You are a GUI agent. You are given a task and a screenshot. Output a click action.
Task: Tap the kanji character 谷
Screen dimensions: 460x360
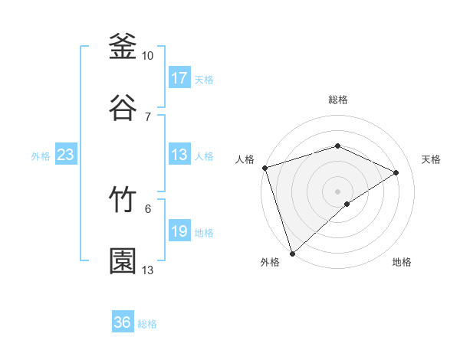pyautogui.click(x=123, y=108)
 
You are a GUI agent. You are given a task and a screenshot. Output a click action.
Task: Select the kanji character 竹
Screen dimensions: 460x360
pyautogui.click(x=123, y=201)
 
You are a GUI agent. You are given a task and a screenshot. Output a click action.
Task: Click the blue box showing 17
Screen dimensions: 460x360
pyautogui.click(x=179, y=78)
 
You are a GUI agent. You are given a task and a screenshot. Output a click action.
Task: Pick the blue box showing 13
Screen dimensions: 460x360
pyautogui.click(x=179, y=155)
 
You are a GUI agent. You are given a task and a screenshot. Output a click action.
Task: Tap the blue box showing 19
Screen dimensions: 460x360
pyautogui.click(x=179, y=232)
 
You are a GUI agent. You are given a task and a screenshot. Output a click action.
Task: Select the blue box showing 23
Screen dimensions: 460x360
pyautogui.click(x=66, y=155)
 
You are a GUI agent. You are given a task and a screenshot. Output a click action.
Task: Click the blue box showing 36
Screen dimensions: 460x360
pyautogui.click(x=123, y=322)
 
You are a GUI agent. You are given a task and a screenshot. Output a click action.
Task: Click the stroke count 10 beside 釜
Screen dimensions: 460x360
pyautogui.click(x=148, y=56)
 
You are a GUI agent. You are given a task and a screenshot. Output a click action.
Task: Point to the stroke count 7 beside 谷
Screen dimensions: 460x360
pyautogui.click(x=148, y=116)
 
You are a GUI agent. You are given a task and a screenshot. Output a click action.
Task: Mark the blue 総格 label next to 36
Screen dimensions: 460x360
pyautogui.click(x=147, y=324)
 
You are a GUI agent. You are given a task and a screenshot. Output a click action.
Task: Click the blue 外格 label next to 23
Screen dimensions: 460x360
pyautogui.click(x=41, y=156)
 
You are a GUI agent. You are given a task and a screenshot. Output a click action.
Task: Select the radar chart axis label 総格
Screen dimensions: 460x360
pyautogui.click(x=337, y=100)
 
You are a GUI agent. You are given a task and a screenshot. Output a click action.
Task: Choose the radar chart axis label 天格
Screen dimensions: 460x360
pyautogui.click(x=432, y=159)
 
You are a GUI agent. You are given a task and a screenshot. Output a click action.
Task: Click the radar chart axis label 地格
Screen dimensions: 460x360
pyautogui.click(x=402, y=262)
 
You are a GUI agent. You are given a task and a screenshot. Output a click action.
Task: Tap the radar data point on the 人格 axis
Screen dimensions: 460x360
pyautogui.click(x=264, y=168)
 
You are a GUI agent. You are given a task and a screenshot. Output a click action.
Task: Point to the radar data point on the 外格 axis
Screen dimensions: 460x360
pyautogui.click(x=292, y=253)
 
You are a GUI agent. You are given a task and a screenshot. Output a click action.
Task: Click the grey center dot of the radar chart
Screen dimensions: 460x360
pyautogui.click(x=337, y=191)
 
